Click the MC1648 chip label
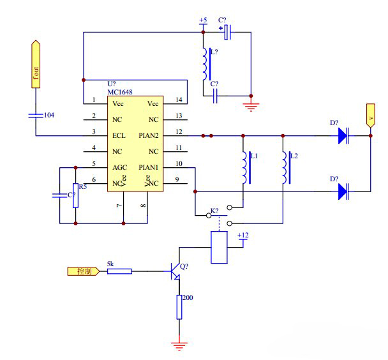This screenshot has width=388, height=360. coord(120,92)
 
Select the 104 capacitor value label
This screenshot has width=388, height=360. coord(48,115)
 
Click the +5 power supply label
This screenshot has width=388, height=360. coord(203,20)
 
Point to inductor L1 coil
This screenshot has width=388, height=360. coord(244,168)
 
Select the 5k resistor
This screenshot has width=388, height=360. coord(119,271)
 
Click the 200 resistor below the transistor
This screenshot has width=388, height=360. coord(179,308)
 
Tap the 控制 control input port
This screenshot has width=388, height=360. coord(84,271)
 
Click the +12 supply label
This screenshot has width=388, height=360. coord(243,236)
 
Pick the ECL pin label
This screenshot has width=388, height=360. coord(119,135)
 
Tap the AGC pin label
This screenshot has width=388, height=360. coord(119,167)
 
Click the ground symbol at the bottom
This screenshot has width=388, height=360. coord(179,345)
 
